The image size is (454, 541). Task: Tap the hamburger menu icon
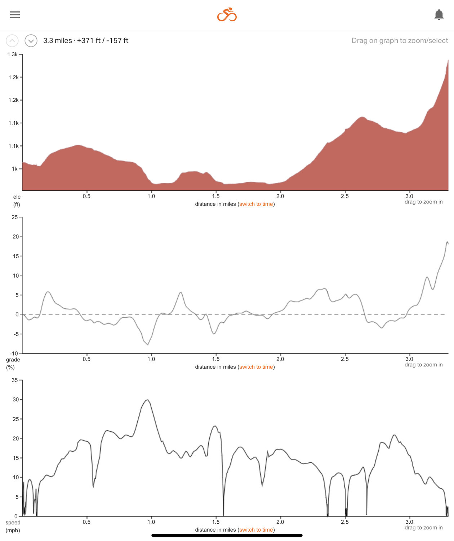click(15, 15)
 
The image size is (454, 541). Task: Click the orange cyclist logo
click(227, 15)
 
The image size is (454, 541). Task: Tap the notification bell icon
click(439, 15)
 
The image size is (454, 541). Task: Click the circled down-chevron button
click(31, 41)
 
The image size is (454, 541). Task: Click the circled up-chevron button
click(12, 41)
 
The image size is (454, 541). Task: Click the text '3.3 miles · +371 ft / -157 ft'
click(86, 41)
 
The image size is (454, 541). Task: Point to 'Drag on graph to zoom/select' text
click(400, 41)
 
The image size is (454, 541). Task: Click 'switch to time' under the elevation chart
click(256, 204)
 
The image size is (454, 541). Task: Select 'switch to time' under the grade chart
click(256, 367)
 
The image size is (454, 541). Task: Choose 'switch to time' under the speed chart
click(256, 530)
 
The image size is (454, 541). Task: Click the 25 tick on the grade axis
click(15, 217)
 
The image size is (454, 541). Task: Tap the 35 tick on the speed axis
click(15, 380)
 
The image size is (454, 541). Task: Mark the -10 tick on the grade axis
click(14, 353)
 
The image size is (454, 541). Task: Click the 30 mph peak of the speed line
click(147, 400)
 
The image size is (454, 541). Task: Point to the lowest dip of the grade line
click(148, 344)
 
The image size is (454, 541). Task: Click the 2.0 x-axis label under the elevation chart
click(280, 196)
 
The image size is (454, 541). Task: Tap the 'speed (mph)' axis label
click(13, 526)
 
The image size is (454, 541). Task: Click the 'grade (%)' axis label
click(13, 364)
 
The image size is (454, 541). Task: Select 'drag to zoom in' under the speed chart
click(423, 528)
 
